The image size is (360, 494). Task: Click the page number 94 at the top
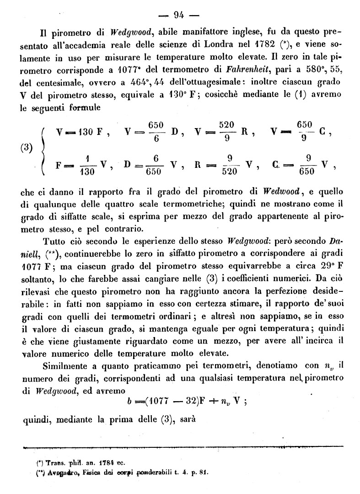pyautogui.click(x=179, y=15)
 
